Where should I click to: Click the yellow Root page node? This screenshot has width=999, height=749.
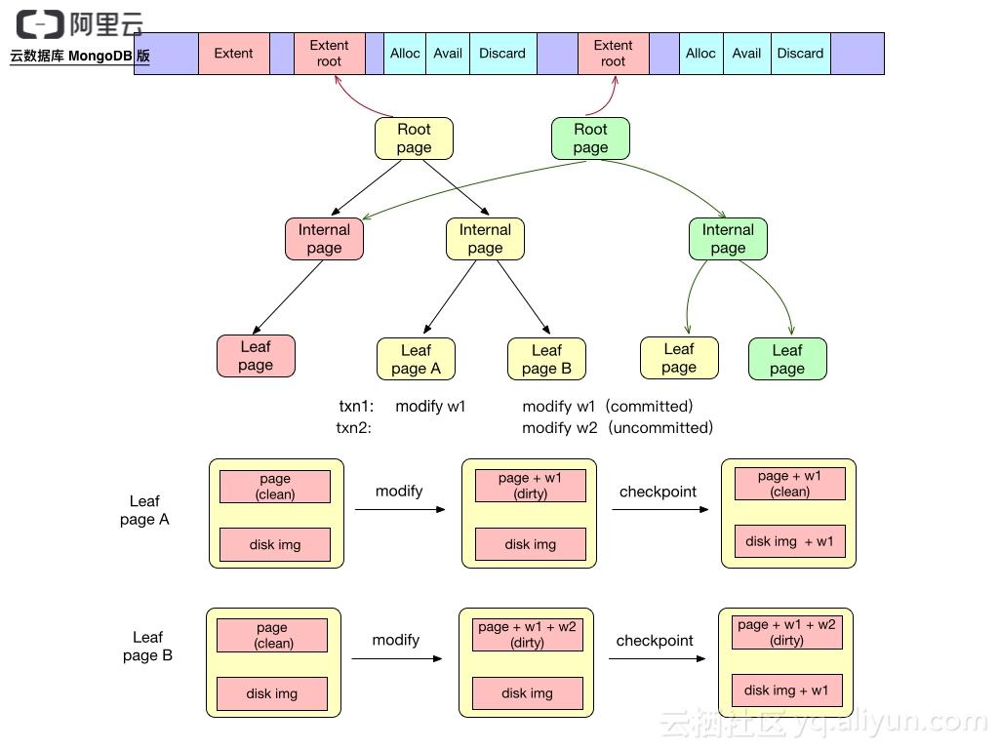pos(414,138)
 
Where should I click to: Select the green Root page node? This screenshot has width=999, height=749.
pos(590,138)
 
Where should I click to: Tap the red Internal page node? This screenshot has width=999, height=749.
pos(324,239)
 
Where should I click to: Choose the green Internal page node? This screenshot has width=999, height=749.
pos(728,239)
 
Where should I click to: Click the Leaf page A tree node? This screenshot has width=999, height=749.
pos(416,359)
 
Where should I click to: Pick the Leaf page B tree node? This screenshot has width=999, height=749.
pos(546,359)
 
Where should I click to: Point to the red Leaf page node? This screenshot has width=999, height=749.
pos(256,356)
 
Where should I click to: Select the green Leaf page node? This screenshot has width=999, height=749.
pos(787,359)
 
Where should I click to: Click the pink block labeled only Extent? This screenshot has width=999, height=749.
pos(233,54)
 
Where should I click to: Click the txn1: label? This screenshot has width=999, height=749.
pos(356,406)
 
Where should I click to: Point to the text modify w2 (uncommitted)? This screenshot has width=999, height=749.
pos(618,427)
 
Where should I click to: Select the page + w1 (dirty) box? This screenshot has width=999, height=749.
pos(530,486)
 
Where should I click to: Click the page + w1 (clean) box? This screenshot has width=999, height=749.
pos(789,484)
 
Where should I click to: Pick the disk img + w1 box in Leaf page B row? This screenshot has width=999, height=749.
pos(786,690)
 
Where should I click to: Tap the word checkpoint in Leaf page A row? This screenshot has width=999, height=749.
pos(658,492)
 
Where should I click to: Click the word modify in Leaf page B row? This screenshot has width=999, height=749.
pos(395,640)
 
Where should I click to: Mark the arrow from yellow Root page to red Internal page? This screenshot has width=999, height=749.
pos(366,187)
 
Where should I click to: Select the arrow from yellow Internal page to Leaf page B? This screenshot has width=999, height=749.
pos(525,298)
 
